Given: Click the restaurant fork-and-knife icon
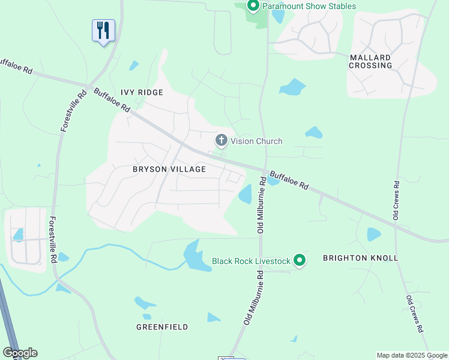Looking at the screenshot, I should pyautogui.click(x=103, y=30).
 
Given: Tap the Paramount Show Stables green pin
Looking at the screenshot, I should pyautogui.click(x=253, y=6).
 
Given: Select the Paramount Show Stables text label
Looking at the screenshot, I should pyautogui.click(x=309, y=7).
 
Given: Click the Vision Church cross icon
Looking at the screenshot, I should pyautogui.click(x=221, y=141).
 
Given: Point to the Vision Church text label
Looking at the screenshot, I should pyautogui.click(x=256, y=142).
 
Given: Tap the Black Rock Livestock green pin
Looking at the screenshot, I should pyautogui.click(x=300, y=260).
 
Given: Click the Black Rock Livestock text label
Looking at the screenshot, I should pyautogui.click(x=251, y=261).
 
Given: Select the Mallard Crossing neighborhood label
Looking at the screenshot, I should pyautogui.click(x=370, y=61).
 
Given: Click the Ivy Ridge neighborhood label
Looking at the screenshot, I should pyautogui.click(x=142, y=92).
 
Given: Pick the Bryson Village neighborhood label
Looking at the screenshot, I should pyautogui.click(x=169, y=169).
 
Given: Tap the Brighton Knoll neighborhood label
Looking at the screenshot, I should pyautogui.click(x=360, y=258).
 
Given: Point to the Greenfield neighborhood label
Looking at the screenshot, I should pyautogui.click(x=162, y=327).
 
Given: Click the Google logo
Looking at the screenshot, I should pyautogui.click(x=20, y=353).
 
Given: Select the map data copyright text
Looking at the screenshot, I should pyautogui.click(x=411, y=355).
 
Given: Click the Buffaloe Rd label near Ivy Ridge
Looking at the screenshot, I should pyautogui.click(x=112, y=100).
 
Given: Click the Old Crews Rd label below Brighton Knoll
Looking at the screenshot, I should pyautogui.click(x=415, y=314).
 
